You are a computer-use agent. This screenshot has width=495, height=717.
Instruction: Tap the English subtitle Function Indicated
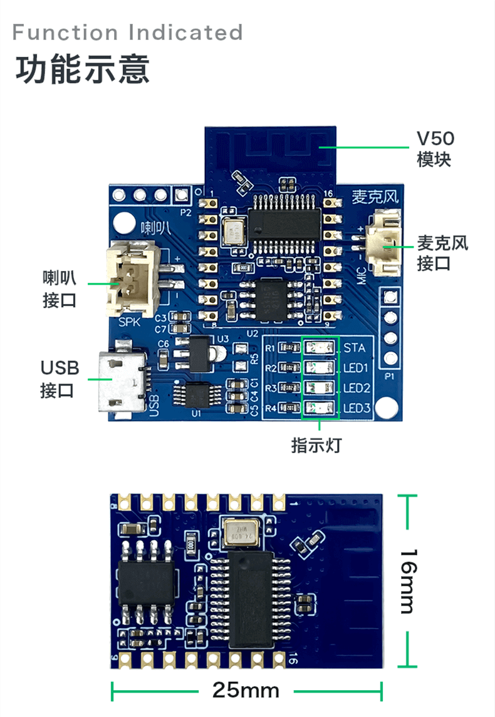pos(127,32)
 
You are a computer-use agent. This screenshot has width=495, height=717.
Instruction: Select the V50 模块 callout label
pos(435,148)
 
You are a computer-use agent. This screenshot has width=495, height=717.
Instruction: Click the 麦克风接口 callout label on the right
pos(443,253)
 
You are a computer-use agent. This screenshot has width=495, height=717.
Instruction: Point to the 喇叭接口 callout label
pos(60,288)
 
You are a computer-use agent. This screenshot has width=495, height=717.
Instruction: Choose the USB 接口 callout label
pos(60,379)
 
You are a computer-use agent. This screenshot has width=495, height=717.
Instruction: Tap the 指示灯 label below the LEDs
pos(316,445)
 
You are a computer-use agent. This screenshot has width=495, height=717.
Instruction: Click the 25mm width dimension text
pos(246,690)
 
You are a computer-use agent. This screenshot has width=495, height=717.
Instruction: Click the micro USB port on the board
pos(123,381)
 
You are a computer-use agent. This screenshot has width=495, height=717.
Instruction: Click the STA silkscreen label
pos(355,348)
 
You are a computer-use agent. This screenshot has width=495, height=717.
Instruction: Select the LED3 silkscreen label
pos(358,409)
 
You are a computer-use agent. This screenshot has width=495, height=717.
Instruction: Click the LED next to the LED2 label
pos(320,388)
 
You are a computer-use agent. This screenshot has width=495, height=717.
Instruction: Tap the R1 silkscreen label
pos(271,348)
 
